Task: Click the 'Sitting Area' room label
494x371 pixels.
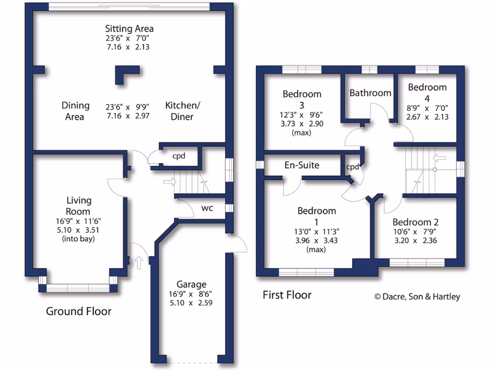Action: tap(129, 29)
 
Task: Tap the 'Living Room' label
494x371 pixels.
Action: tap(79, 206)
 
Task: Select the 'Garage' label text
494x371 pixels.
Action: tap(191, 285)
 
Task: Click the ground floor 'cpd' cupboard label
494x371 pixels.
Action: tap(179, 156)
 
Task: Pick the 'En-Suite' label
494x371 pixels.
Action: tap(302, 165)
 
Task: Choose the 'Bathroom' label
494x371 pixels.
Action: tap(370, 93)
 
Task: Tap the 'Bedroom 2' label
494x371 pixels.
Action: tap(415, 222)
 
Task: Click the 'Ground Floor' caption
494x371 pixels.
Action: tap(79, 311)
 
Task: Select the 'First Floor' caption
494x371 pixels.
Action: tap(287, 295)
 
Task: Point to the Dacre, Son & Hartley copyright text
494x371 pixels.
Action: tap(417, 297)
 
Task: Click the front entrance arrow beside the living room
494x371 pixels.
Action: tap(139, 262)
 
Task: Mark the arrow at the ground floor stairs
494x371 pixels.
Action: tap(170, 182)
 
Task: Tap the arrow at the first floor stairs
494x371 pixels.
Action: tap(439, 157)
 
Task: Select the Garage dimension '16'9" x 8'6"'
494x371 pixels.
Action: tap(191, 294)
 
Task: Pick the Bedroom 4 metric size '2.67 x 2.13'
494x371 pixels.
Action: tap(427, 116)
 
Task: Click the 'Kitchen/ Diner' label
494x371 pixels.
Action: tap(179, 111)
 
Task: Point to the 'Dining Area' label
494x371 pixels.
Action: tap(76, 111)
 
